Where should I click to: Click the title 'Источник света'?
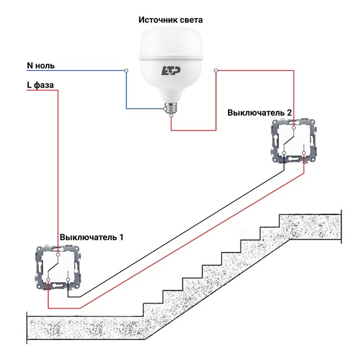click(x=170, y=20)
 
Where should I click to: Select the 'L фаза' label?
click(x=41, y=85)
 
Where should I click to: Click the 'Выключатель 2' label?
click(x=260, y=112)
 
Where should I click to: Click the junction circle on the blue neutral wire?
click(x=127, y=70)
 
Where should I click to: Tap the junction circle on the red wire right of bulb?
click(x=216, y=70)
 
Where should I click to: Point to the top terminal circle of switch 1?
click(x=58, y=255)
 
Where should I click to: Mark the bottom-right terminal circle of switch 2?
click(x=304, y=152)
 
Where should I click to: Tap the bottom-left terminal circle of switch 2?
click(x=284, y=152)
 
